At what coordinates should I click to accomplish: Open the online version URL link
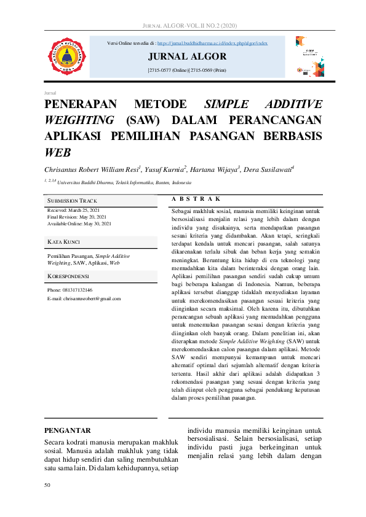click(x=212, y=44)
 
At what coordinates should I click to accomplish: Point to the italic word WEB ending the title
click(x=58, y=152)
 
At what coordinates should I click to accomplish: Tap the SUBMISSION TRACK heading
click(x=72, y=201)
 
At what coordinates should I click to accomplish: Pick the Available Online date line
click(x=79, y=224)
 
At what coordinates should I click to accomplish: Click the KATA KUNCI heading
click(x=63, y=243)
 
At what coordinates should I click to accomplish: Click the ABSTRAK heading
click(x=196, y=199)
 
